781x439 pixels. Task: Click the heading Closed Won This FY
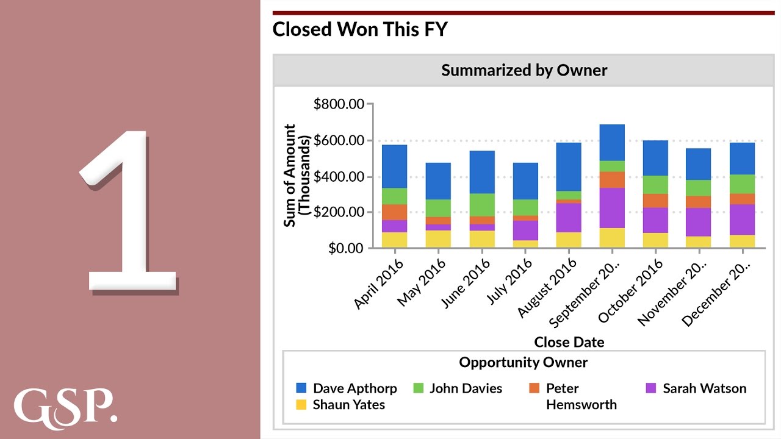click(360, 29)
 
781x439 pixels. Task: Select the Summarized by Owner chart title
click(524, 70)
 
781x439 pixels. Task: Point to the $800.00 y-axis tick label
click(339, 104)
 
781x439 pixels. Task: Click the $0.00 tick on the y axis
click(346, 248)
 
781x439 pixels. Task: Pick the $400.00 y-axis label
click(339, 177)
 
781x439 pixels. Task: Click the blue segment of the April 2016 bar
click(395, 166)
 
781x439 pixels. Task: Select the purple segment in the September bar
click(612, 207)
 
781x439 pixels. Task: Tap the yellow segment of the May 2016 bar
click(439, 238)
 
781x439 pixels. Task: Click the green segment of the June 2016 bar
click(482, 204)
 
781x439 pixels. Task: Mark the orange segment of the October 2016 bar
click(655, 201)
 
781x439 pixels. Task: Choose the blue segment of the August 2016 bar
click(569, 166)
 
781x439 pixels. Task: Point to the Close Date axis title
click(569, 342)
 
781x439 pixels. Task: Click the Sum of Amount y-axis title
click(297, 176)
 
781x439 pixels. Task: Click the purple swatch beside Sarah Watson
click(651, 388)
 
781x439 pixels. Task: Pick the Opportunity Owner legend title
click(524, 363)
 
